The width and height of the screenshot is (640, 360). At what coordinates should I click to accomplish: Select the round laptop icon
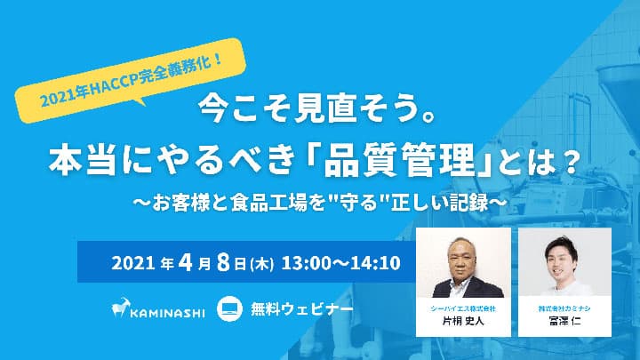[230, 308]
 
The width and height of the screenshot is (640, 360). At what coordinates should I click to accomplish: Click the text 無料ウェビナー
[301, 309]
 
